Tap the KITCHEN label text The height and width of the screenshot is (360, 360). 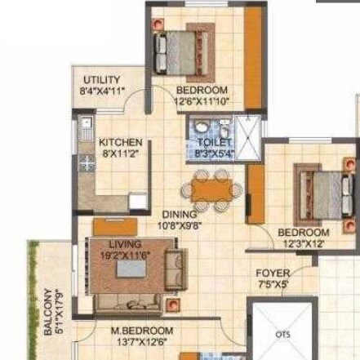pyautogui.click(x=121, y=142)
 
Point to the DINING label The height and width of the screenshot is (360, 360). pyautogui.click(x=180, y=215)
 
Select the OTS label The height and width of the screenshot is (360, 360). pyautogui.click(x=282, y=333)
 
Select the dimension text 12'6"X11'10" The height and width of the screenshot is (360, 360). pyautogui.click(x=202, y=100)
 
